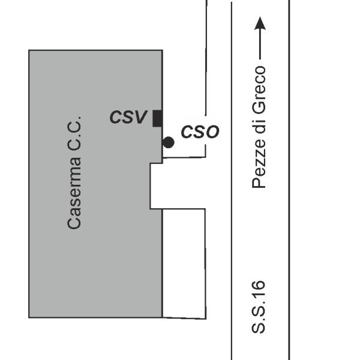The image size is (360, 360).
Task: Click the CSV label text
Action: click(x=128, y=117)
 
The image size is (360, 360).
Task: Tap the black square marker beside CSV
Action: click(x=157, y=118)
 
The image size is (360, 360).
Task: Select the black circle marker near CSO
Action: click(x=168, y=142)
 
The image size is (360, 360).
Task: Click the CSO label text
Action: click(x=200, y=132)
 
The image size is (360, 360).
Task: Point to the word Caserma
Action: click(x=74, y=193)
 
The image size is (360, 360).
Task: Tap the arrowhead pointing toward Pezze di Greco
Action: click(x=260, y=23)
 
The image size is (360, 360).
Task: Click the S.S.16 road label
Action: click(x=259, y=307)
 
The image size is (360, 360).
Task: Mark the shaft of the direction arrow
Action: click(x=260, y=45)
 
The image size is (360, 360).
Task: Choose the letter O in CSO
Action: click(x=212, y=132)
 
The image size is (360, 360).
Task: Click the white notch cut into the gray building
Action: click(x=157, y=186)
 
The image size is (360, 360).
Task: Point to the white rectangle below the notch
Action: click(x=184, y=263)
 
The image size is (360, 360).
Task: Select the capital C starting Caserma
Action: click(x=74, y=223)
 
